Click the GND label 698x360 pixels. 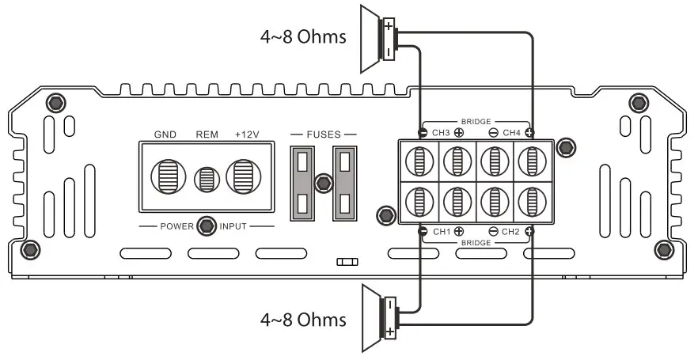(x=165, y=135)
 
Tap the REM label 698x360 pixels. (x=207, y=135)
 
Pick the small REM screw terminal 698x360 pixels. (x=207, y=179)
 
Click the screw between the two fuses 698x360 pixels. (x=321, y=184)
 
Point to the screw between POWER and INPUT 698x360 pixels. (x=207, y=226)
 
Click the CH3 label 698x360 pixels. (x=440, y=132)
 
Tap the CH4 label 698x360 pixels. (x=510, y=132)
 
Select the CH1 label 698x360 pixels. (x=440, y=231)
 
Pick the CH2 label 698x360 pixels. (x=510, y=231)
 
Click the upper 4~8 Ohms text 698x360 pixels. (x=303, y=36)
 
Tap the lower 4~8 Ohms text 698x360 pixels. (x=303, y=320)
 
